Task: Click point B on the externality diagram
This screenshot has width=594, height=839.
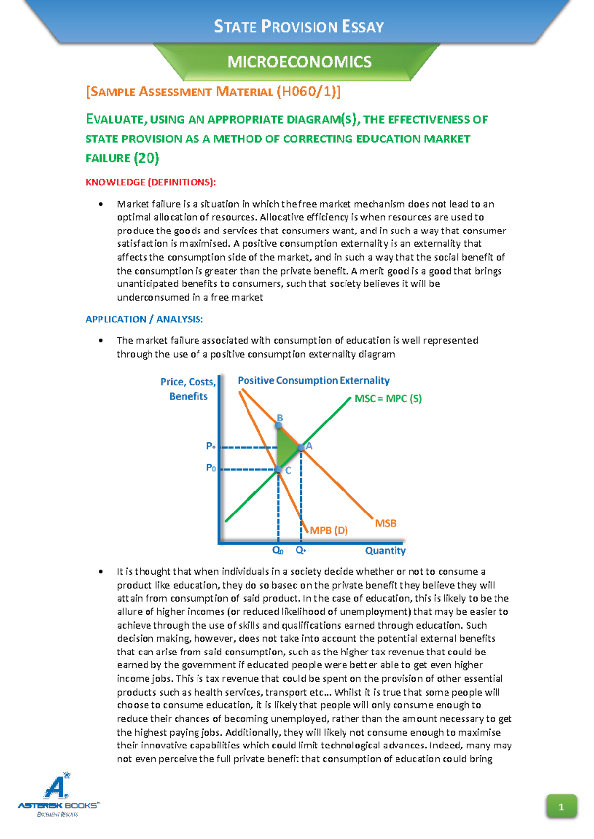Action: (279, 425)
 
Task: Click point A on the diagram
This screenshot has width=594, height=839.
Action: (301, 448)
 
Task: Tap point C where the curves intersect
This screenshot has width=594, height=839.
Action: (279, 470)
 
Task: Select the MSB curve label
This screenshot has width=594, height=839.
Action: (386, 523)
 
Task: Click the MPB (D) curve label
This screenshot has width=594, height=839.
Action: (329, 530)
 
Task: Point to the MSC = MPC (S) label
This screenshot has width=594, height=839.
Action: (388, 399)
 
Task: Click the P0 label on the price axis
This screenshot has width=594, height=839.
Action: (211, 468)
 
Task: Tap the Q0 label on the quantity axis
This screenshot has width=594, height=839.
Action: (278, 550)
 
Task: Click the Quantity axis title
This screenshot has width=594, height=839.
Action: (385, 551)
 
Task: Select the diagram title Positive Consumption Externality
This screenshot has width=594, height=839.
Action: (313, 380)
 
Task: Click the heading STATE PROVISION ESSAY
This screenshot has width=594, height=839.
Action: (298, 26)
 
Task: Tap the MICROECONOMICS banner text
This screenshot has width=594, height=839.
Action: (299, 62)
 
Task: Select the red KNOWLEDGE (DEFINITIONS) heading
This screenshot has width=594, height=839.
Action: (150, 182)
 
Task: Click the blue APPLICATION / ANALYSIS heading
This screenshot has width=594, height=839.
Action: (144, 319)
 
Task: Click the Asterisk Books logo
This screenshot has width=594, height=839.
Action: (58, 795)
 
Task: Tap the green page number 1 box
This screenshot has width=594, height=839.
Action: (561, 807)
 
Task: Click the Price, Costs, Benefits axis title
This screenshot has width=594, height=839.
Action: (188, 389)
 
